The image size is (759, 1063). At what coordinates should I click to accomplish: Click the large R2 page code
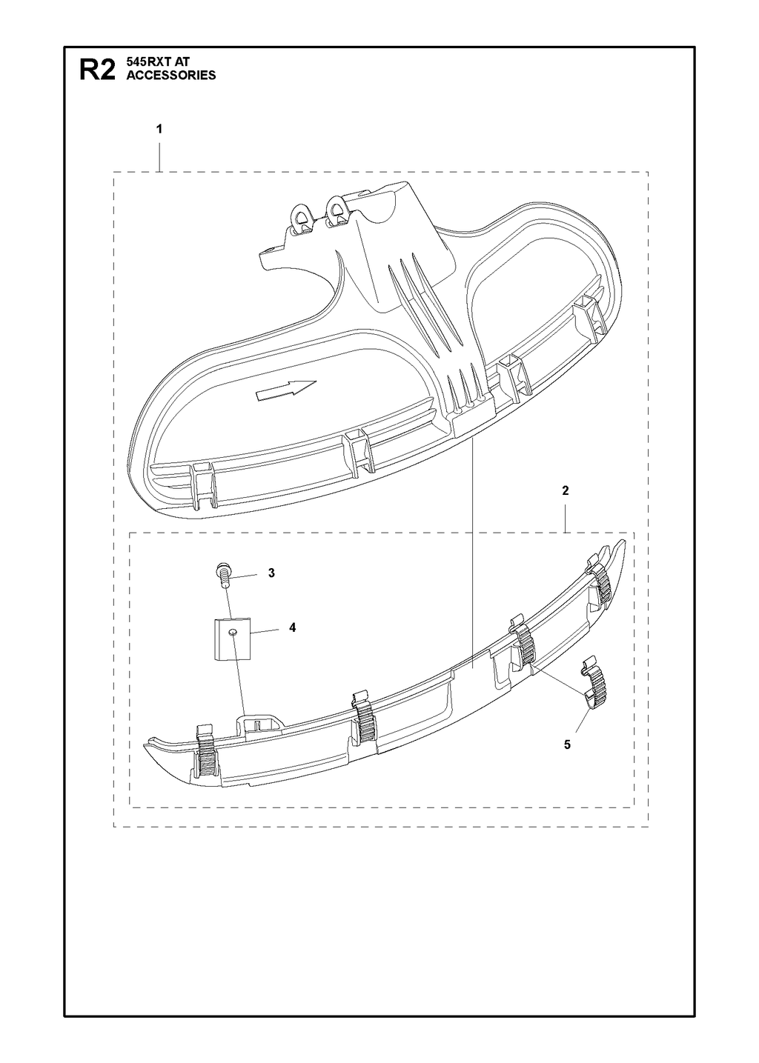[x=97, y=69]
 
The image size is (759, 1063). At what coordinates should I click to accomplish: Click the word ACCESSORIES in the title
[x=171, y=75]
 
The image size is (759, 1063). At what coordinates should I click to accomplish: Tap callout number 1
[x=159, y=129]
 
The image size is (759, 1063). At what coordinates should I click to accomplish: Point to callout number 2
[x=566, y=490]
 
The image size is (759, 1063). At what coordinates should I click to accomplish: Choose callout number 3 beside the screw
[x=271, y=573]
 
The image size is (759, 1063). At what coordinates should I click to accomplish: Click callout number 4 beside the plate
[x=293, y=627]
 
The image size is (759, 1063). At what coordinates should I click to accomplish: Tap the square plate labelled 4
[x=231, y=639]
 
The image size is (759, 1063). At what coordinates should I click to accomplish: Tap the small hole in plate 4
[x=232, y=632]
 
